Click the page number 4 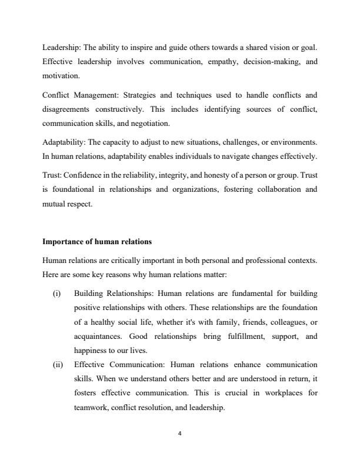pos(180,434)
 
